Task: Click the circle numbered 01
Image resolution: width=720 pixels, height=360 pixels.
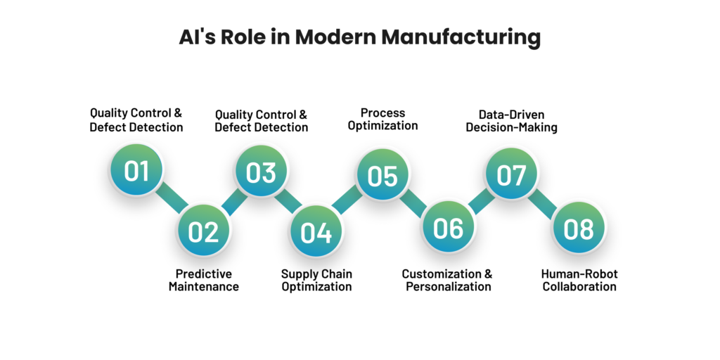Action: [136, 170]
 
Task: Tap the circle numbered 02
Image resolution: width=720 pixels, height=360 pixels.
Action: [202, 231]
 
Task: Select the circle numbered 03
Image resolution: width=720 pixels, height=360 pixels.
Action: [261, 170]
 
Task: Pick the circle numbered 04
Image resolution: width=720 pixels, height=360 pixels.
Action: [316, 231]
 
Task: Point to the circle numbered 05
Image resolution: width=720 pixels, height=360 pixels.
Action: [382, 174]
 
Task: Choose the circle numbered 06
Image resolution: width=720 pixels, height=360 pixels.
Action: [448, 228]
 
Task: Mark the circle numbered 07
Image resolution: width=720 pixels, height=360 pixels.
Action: [512, 174]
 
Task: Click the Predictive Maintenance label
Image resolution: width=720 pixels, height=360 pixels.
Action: [203, 280]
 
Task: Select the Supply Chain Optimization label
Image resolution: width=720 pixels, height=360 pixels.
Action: [316, 280]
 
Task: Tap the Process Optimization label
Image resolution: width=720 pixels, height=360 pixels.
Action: [382, 119]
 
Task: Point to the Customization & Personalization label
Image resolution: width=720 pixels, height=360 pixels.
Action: [447, 280]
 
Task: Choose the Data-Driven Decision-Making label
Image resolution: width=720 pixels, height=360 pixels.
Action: [511, 120]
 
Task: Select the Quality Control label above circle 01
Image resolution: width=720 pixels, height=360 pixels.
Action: [136, 120]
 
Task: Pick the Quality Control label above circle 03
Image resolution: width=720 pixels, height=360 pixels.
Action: [261, 120]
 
